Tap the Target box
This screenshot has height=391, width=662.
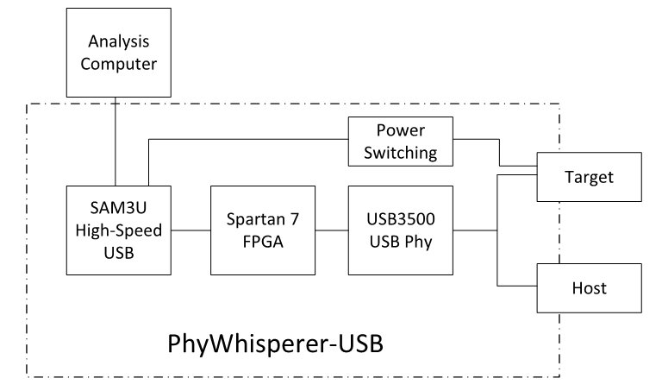pos(589,178)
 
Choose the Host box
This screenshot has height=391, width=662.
pos(589,287)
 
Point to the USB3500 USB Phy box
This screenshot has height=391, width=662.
pos(400,230)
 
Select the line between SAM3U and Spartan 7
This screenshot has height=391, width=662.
pos(190,230)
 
